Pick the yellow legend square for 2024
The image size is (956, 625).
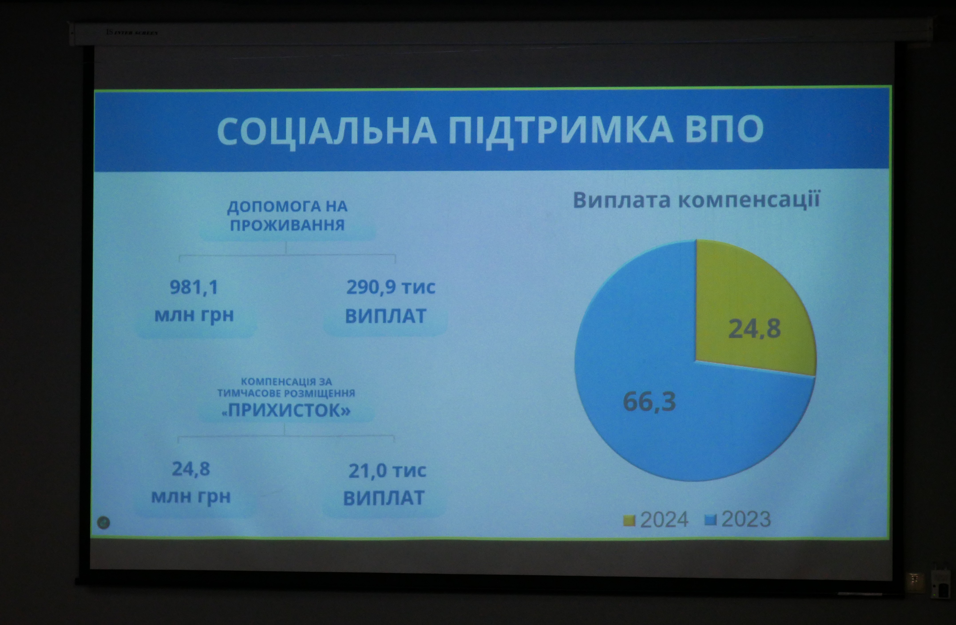(629, 520)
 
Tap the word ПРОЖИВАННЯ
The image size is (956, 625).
(287, 225)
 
